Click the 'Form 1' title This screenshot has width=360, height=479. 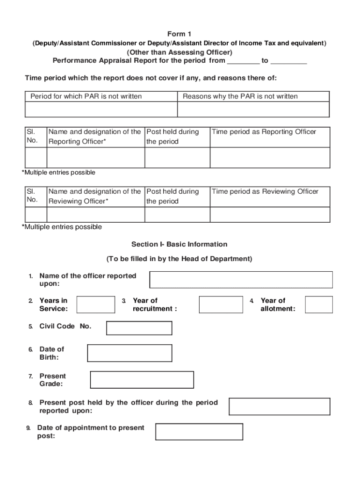click(x=180, y=34)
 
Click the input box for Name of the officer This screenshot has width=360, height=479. click(x=241, y=280)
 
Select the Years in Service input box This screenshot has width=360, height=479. click(x=95, y=304)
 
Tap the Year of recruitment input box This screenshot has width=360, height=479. click(x=221, y=304)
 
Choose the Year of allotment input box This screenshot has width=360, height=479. click(x=319, y=304)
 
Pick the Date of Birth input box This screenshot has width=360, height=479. click(x=130, y=353)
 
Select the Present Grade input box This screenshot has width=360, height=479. click(x=142, y=380)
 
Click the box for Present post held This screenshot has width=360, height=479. click(x=281, y=406)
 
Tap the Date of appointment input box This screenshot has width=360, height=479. click(x=199, y=432)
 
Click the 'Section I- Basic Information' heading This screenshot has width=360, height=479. click(x=180, y=244)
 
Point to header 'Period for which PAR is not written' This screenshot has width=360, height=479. click(x=86, y=96)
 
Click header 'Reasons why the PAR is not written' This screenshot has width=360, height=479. click(x=240, y=96)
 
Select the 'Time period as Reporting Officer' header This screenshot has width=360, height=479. click(x=264, y=132)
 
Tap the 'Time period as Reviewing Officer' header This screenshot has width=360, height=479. click(x=265, y=191)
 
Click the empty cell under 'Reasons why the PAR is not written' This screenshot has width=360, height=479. click(x=253, y=109)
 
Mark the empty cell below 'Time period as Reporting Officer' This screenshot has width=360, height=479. click(x=270, y=157)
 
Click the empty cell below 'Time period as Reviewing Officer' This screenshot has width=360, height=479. click(x=270, y=215)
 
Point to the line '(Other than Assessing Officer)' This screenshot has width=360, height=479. click(x=180, y=52)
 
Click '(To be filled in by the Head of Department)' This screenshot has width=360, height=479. click(x=180, y=259)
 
